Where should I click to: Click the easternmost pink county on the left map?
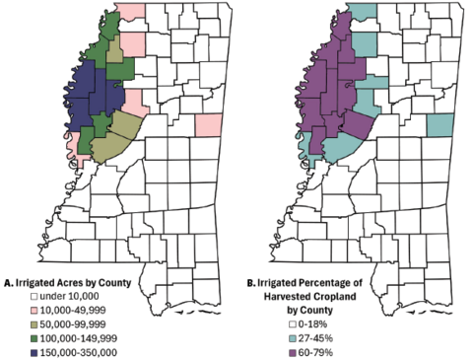click(208, 125)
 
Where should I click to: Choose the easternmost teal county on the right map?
click(440, 125)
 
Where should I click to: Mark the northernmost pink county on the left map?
click(131, 14)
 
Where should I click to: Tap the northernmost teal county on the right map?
click(364, 14)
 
